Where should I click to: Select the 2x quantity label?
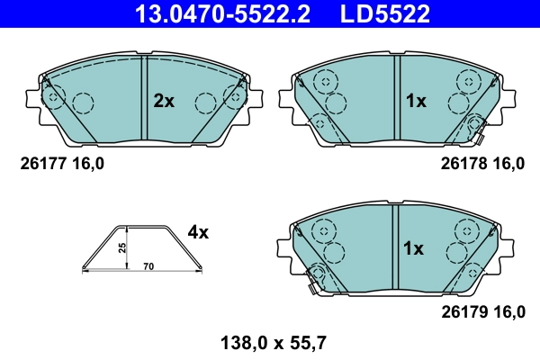[x=163, y=102]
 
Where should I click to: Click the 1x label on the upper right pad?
[x=414, y=102]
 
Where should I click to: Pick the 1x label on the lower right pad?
[x=414, y=248]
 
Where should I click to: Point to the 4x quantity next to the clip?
[x=198, y=233]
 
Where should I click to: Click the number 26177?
[x=40, y=164]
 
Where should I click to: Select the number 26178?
[x=462, y=164]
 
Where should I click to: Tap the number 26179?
[x=462, y=312]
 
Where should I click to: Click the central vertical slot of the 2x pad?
[x=145, y=102]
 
